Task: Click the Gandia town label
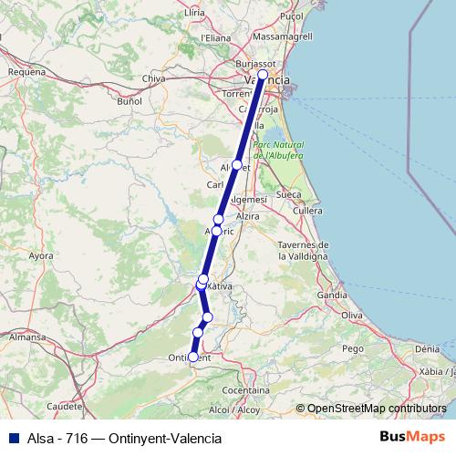[x=331, y=295]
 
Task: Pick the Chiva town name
[x=154, y=79]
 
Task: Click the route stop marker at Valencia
[x=263, y=76]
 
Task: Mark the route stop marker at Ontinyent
[x=192, y=358]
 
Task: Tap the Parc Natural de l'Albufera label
[x=278, y=150]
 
